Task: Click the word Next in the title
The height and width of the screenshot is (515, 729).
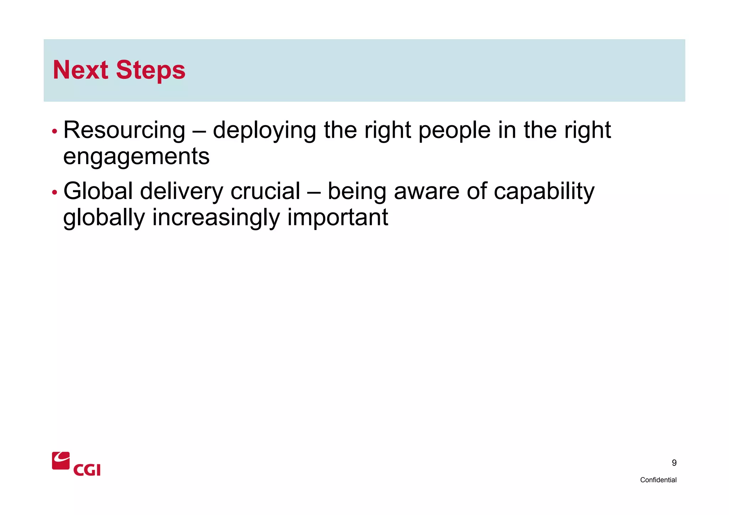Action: pyautogui.click(x=80, y=70)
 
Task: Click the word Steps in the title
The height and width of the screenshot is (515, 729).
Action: pyautogui.click(x=150, y=70)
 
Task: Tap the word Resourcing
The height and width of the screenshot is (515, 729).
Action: pyautogui.click(x=124, y=130)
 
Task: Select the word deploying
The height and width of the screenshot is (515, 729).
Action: pyautogui.click(x=264, y=130)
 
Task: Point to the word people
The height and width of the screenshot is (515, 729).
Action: pyautogui.click(x=455, y=130)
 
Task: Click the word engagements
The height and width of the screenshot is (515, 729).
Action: pyautogui.click(x=136, y=157)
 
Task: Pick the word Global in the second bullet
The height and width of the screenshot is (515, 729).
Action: pyautogui.click(x=98, y=191)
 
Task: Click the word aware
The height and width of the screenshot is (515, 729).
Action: pyautogui.click(x=427, y=191)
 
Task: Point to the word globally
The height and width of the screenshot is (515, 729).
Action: pyautogui.click(x=104, y=218)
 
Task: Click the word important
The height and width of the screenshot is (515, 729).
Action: pyautogui.click(x=337, y=218)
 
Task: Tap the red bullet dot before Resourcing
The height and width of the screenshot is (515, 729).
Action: pyautogui.click(x=54, y=131)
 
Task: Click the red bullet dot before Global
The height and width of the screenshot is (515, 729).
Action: pyautogui.click(x=54, y=193)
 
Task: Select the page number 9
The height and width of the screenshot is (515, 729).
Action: pyautogui.click(x=674, y=463)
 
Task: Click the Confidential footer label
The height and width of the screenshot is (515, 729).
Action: pyautogui.click(x=658, y=480)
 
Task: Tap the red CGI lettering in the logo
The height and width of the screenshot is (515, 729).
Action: pyautogui.click(x=87, y=470)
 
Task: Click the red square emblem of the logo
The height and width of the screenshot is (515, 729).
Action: pyautogui.click(x=61, y=461)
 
